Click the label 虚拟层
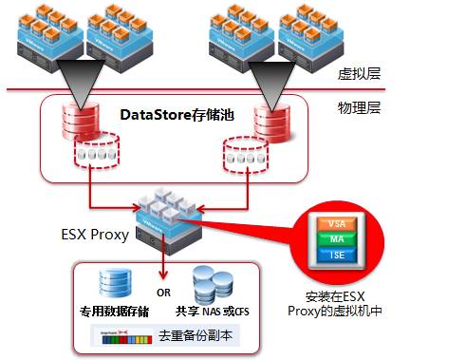(359, 73)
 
